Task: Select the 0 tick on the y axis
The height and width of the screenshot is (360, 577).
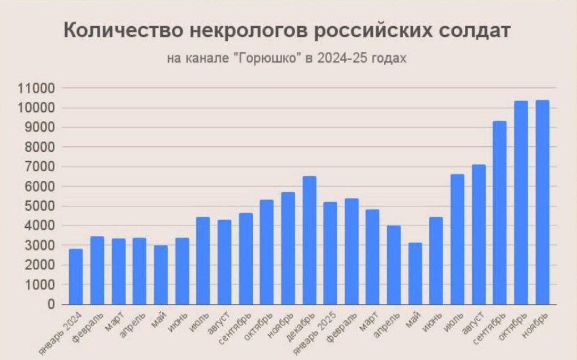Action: [x=50, y=304]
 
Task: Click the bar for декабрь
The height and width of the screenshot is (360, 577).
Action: [x=309, y=240]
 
